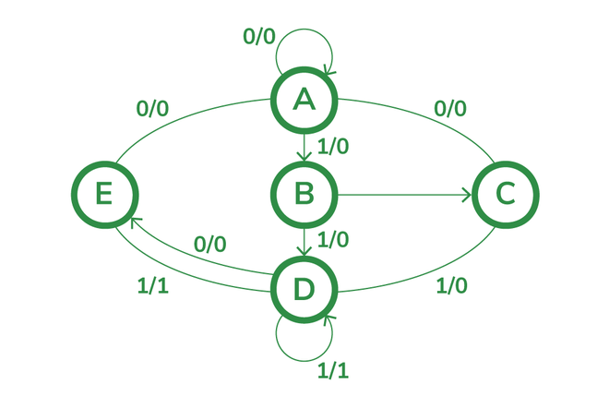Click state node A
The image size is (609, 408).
pyautogui.click(x=304, y=101)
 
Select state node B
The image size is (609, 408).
pyautogui.click(x=304, y=195)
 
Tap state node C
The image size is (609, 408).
pyautogui.click(x=506, y=195)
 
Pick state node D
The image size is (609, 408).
pyautogui.click(x=304, y=290)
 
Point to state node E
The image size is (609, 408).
pyautogui.click(x=105, y=195)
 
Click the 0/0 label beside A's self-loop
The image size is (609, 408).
pyautogui.click(x=259, y=37)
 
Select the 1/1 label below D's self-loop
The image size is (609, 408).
pyautogui.click(x=333, y=371)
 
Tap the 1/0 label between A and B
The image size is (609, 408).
pyautogui.click(x=333, y=147)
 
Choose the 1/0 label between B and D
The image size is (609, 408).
pyautogui.click(x=333, y=240)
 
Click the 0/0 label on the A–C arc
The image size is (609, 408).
pyautogui.click(x=450, y=109)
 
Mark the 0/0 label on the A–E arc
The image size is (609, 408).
pyautogui.click(x=152, y=109)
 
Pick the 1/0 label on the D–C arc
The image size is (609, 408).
pyautogui.click(x=452, y=286)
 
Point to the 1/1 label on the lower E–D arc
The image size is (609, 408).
pyautogui.click(x=153, y=286)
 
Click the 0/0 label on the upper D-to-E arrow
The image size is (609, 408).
pyautogui.click(x=210, y=245)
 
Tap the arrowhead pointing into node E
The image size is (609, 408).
pyautogui.click(x=135, y=222)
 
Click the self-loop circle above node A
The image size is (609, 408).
pyautogui.click(x=304, y=29)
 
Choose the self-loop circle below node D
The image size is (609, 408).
pyautogui.click(x=304, y=361)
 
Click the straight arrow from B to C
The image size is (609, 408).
pyautogui.click(x=405, y=195)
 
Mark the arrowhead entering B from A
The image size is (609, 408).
pyautogui.click(x=304, y=156)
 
